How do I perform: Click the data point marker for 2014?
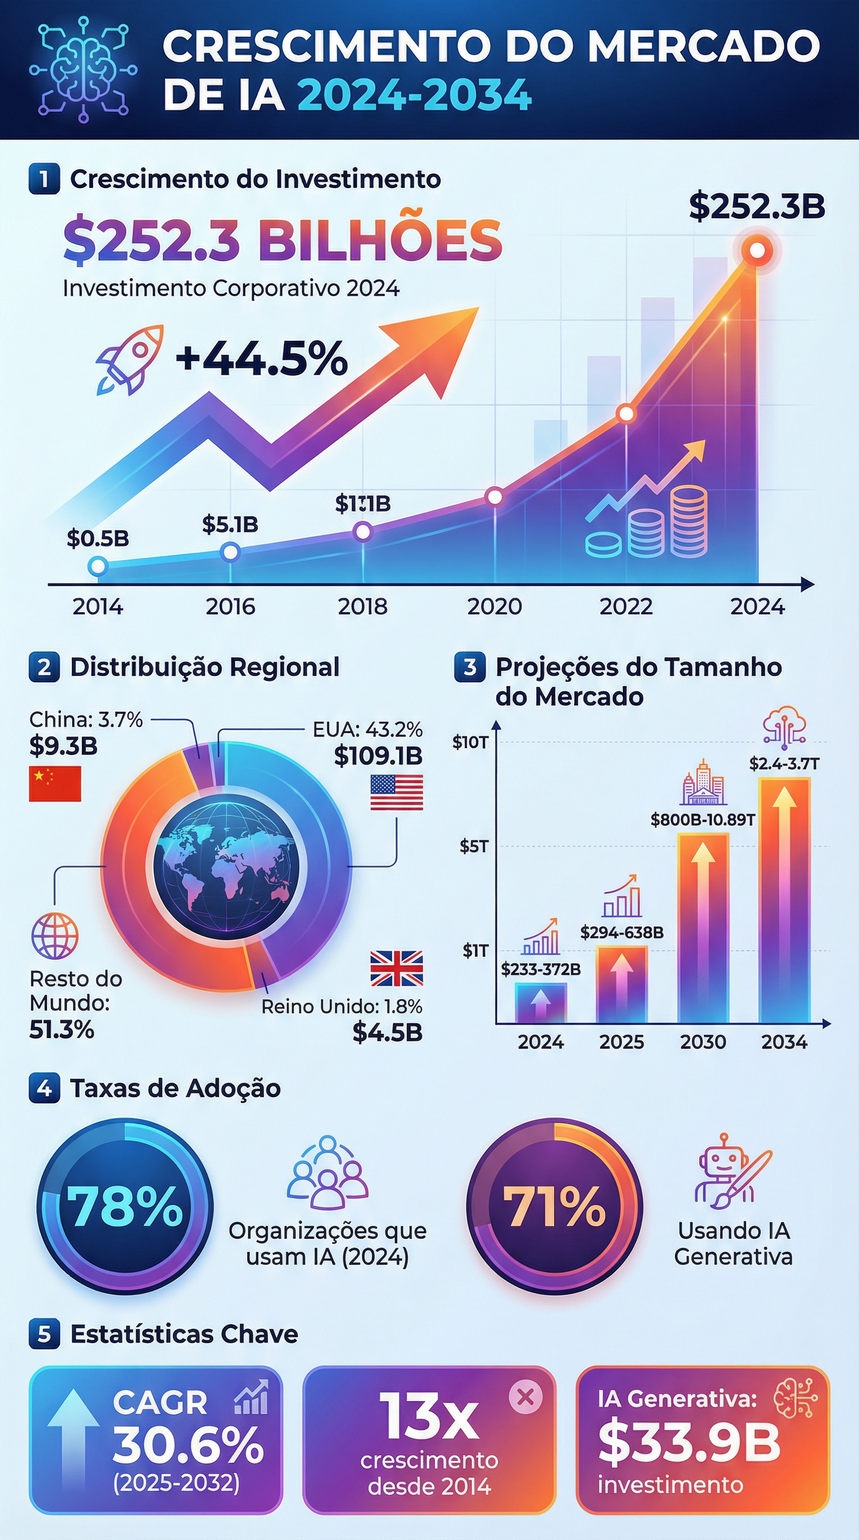(97, 566)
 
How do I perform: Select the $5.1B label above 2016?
(230, 524)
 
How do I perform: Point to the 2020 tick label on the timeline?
(494, 607)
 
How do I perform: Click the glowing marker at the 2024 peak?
(757, 250)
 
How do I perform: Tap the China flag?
(55, 784)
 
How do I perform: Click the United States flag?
(396, 792)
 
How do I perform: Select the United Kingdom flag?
(396, 968)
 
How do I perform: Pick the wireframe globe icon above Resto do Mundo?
(54, 936)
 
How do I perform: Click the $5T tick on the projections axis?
(474, 846)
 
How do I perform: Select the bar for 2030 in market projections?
(703, 928)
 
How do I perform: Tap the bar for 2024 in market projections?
(541, 1003)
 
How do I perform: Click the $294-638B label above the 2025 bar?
(622, 933)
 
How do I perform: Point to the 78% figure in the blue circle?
(124, 1206)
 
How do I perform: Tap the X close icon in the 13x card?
(526, 1397)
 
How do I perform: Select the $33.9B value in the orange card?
(689, 1443)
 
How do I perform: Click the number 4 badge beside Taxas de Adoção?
(44, 1088)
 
